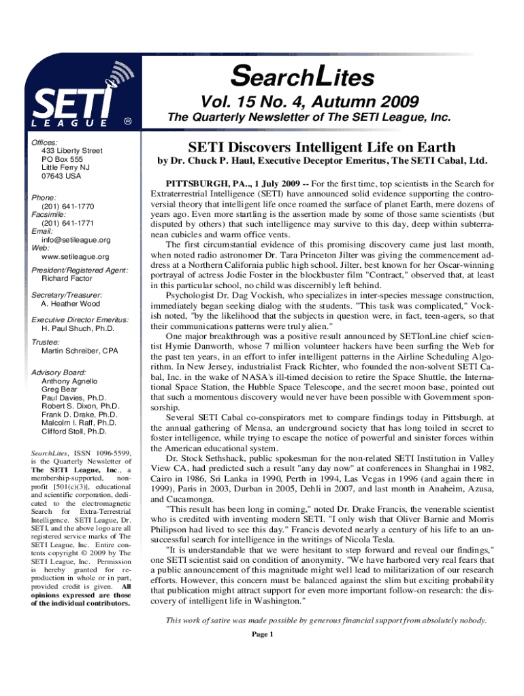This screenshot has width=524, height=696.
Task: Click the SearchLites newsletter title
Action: tap(302, 77)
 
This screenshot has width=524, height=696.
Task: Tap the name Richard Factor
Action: tap(67, 279)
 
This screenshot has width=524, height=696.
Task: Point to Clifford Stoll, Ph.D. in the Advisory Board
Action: tap(73, 431)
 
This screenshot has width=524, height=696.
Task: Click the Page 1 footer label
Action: tap(262, 634)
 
